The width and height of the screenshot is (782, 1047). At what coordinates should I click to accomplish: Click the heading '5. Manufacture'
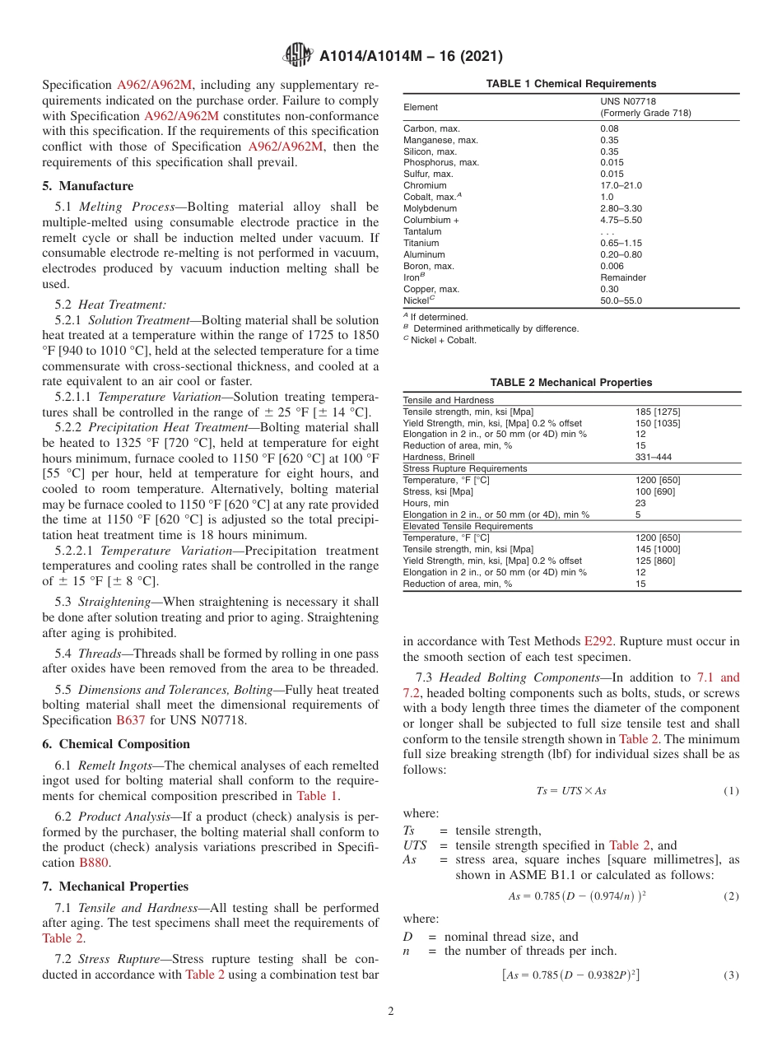pos(88,186)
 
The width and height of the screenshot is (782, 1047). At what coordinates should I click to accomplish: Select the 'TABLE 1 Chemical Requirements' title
pos(570,84)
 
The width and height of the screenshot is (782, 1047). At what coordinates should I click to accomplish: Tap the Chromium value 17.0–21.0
pos(621,186)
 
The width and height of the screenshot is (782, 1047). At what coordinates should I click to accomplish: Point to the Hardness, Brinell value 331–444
pos(653,457)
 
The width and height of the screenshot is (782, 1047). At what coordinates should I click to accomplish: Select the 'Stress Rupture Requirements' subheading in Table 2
pos(465,468)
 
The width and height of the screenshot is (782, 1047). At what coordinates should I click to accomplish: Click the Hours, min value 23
pos(640,503)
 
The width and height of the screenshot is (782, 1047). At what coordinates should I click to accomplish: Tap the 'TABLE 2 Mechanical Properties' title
pos(570,382)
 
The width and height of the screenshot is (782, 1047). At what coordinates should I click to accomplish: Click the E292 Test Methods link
pos(598,640)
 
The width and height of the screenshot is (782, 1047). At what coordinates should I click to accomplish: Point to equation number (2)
pos(730,896)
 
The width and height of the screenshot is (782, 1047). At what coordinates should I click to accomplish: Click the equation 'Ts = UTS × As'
pos(570,791)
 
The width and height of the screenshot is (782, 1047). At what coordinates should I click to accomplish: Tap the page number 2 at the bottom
pos(391,1011)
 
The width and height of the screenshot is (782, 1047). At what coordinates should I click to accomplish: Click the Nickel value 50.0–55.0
pos(621,301)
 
